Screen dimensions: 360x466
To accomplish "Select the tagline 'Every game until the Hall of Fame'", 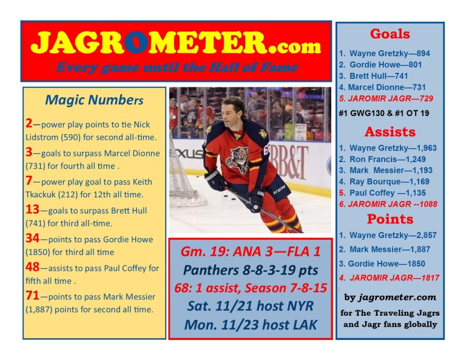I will tap(176, 67).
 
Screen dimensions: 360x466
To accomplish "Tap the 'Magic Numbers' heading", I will tap(94, 100).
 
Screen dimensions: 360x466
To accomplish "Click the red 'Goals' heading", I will tap(390, 34).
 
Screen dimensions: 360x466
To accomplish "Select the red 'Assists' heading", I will tap(390, 132).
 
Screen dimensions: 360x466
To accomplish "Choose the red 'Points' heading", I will tap(390, 219).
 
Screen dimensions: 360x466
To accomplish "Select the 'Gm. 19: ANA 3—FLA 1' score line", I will tap(250, 252).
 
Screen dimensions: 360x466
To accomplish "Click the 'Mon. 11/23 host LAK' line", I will tap(250, 325).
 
